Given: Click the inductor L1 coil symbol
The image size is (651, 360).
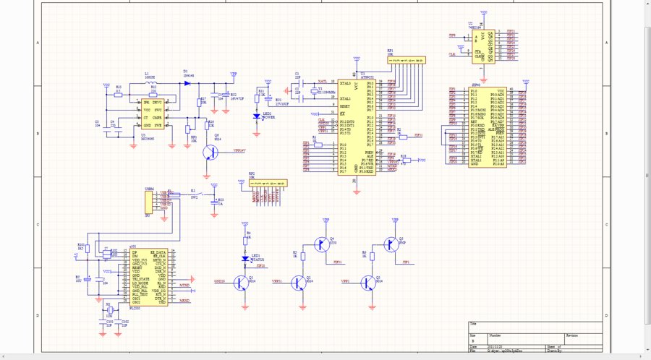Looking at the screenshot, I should click(151, 84).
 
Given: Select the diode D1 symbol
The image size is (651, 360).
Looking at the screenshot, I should click(187, 83).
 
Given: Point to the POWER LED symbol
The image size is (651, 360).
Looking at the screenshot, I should click(256, 116).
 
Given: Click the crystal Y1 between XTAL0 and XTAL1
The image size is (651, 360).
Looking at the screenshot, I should click(313, 91).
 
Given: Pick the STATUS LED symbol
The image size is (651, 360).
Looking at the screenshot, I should click(245, 257).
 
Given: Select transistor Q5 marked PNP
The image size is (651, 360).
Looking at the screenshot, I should click(391, 244).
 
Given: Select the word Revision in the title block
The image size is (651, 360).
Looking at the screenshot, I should click(571, 335).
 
